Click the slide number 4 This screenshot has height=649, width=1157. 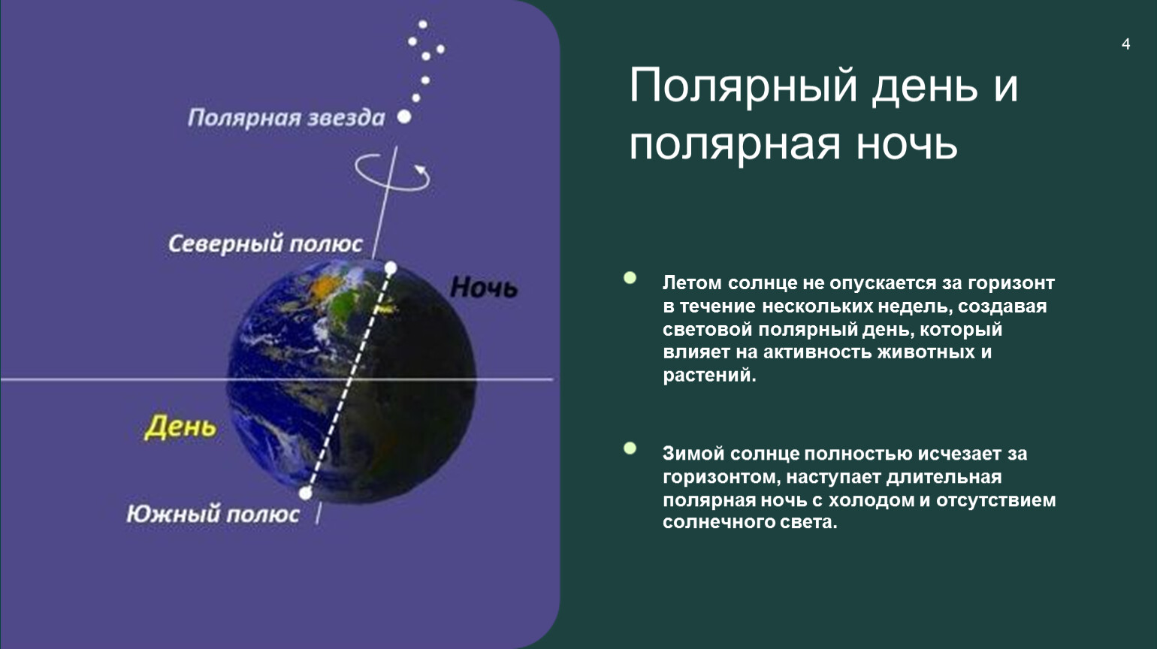point(1126,44)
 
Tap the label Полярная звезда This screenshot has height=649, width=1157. point(286,118)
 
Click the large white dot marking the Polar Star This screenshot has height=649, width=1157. point(404,116)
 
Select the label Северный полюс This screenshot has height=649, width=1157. point(265,243)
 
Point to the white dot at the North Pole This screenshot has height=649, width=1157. point(391,268)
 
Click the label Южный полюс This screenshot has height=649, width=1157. point(213,514)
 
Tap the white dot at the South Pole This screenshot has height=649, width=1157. point(305,493)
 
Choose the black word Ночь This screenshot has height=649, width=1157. point(484,287)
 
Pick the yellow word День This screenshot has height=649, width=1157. point(180,427)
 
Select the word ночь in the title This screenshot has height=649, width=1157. point(907,143)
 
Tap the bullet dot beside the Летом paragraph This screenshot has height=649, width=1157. point(630,278)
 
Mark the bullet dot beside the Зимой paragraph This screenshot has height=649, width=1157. point(630,448)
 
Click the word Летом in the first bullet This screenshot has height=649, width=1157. point(692,283)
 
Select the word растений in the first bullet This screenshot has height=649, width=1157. point(710,376)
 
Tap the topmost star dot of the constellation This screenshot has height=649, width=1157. point(423,24)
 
